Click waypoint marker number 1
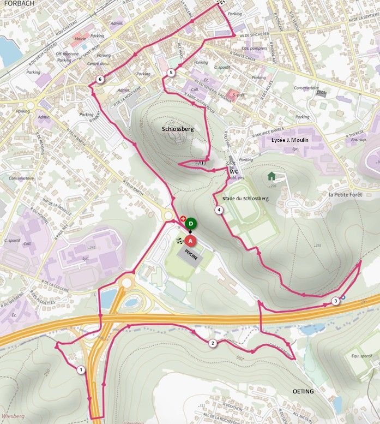(81, 370)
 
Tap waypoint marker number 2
(213, 343)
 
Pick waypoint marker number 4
(219, 210)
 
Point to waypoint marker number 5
(171, 73)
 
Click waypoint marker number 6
(100, 80)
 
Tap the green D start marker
(190, 223)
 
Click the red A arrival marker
(190, 240)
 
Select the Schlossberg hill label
(178, 129)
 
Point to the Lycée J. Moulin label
(290, 140)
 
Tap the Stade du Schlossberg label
(243, 197)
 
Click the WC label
(234, 171)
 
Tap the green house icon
(271, 176)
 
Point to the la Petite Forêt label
(346, 194)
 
